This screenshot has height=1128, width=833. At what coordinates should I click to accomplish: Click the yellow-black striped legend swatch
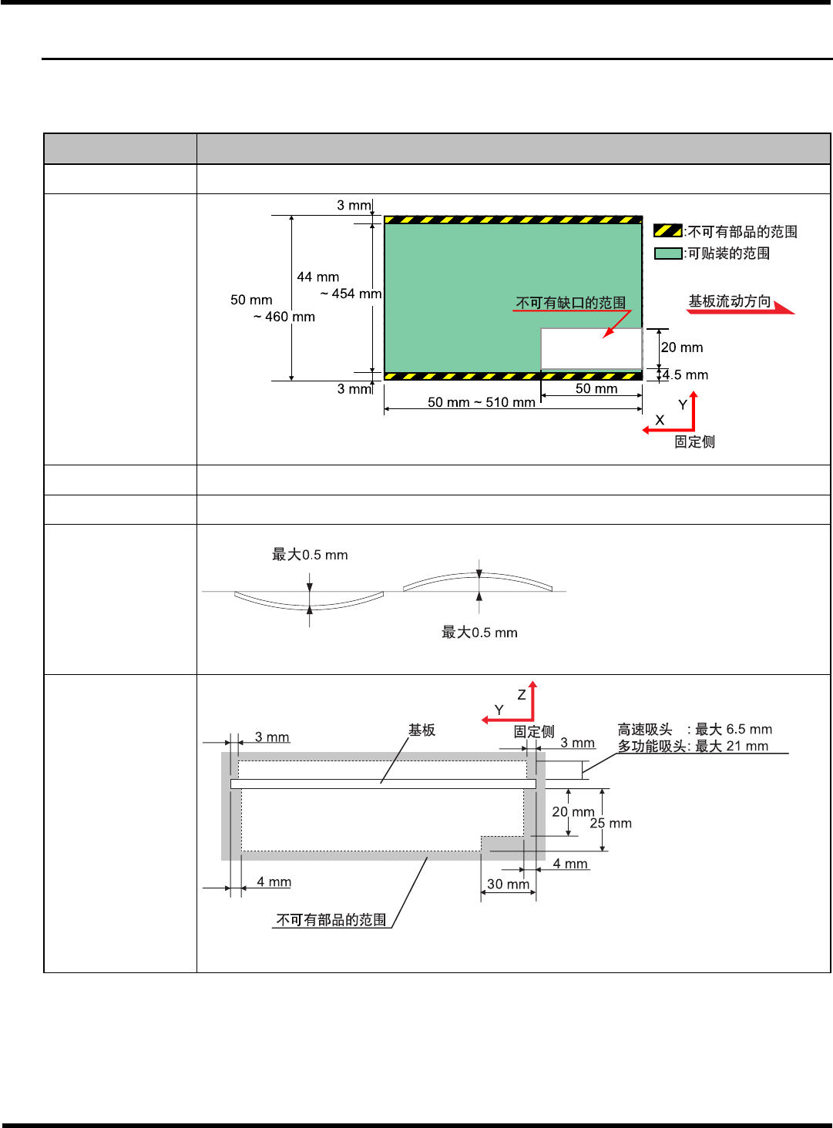pos(667,230)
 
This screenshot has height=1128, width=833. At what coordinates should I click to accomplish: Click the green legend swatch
pos(667,253)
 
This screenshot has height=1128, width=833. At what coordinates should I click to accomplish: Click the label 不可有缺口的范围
pos(571,302)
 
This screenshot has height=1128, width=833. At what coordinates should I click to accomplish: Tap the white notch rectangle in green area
pos(591,348)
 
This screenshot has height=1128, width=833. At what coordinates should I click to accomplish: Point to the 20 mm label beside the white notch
pos(682,347)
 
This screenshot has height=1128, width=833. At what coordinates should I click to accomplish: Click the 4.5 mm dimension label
pos(685,375)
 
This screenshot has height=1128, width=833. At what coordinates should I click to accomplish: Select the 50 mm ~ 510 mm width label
pos(482,402)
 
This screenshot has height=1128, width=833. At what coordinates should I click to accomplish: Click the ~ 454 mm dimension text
pos(351,294)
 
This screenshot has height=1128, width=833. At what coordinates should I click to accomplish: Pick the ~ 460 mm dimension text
pos(284,317)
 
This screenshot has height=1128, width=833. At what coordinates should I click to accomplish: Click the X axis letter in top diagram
pos(660,420)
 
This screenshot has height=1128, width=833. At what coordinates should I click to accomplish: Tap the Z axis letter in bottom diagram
pos(522,694)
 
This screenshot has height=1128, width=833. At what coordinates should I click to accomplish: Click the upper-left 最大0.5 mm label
pos(310,555)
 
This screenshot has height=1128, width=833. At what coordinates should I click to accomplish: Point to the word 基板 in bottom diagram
pos(422,730)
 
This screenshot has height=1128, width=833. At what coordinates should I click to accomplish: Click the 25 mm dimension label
pos(610,823)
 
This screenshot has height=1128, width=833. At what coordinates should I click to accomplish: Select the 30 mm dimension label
pos(508,884)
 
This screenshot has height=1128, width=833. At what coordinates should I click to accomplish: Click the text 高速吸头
pos(645,729)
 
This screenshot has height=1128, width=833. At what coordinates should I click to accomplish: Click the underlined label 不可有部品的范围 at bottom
pos(331,920)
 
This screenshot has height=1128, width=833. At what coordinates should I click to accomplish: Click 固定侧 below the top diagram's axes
pos(694,441)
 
